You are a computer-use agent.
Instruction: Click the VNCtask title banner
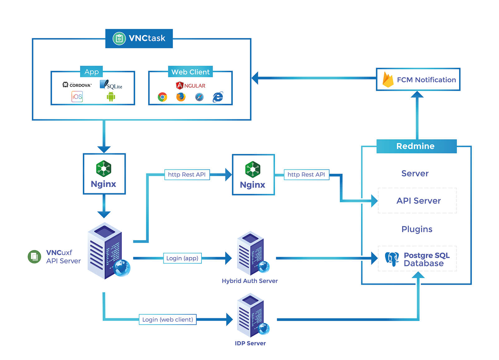coord(139,38)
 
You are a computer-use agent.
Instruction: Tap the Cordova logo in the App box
coord(77,85)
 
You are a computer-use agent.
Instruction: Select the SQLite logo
coord(111,85)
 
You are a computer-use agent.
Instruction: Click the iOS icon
coord(77,97)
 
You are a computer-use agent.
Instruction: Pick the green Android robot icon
coord(111,97)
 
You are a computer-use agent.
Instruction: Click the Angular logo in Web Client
coord(191,85)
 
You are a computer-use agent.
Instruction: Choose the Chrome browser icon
coord(162,97)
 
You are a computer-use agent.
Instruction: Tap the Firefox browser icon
coord(181,97)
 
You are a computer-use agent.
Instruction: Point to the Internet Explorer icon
coord(218,97)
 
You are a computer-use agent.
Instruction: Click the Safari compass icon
coord(199,97)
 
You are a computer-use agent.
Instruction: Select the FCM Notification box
coord(418,79)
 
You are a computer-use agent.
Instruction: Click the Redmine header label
coord(416,146)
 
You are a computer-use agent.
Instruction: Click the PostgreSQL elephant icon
coord(392,259)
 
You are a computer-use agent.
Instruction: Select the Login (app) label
coord(182,258)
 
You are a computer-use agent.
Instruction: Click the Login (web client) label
coord(167,319)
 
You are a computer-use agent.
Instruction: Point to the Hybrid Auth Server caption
coord(249,281)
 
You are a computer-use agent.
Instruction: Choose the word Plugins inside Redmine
coord(417,229)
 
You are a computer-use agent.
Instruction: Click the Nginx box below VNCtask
coord(104,174)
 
